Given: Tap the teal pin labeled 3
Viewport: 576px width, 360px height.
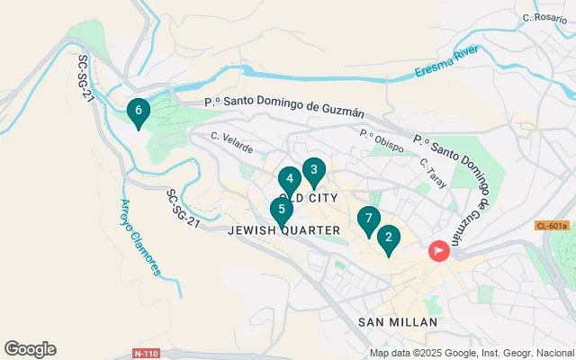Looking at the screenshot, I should coord(313,170).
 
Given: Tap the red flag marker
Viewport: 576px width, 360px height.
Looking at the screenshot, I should coord(439,251).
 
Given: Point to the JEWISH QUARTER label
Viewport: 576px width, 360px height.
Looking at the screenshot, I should coord(284,230).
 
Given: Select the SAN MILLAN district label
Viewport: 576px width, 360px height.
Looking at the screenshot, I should coord(397,321).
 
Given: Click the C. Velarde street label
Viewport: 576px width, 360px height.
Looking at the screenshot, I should coord(231,142).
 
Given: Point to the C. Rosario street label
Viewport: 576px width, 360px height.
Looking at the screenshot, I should coord(544,17).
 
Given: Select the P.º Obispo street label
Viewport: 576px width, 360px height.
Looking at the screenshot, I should coord(381,141).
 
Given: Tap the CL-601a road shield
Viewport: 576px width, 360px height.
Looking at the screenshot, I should coord(552,226).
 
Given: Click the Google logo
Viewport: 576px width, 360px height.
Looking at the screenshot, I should coord(30,349).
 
